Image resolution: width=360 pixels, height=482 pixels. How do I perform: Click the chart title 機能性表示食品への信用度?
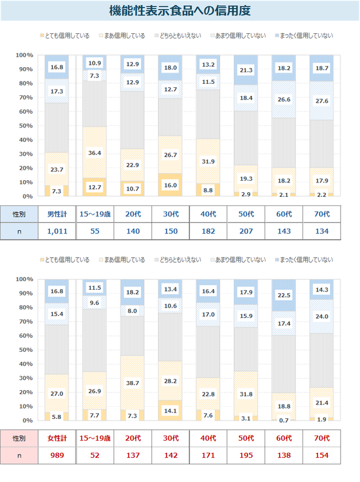[180, 11]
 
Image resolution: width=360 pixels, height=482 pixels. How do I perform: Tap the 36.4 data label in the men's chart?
[94, 153]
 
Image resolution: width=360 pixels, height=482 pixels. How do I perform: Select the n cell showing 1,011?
[57, 231]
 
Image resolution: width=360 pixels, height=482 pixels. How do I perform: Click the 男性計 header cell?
[57, 214]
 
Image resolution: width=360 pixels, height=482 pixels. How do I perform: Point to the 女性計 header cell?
[57, 438]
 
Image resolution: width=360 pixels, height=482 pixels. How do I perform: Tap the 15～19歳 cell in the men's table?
[95, 214]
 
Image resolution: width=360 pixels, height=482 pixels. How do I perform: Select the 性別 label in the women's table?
[19, 438]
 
